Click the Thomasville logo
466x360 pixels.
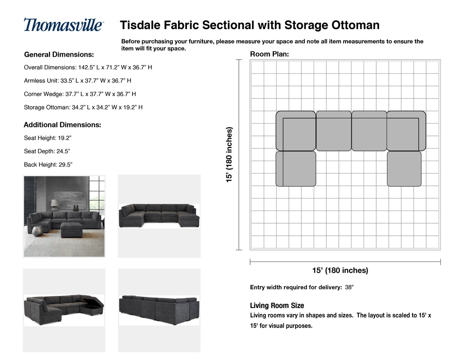point(64,25)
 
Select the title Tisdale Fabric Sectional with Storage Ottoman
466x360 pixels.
point(250,25)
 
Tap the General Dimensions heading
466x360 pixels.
point(59,54)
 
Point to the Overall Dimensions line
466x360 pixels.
point(88,67)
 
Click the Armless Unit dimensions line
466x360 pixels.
point(78,81)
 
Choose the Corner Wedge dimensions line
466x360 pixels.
point(80,94)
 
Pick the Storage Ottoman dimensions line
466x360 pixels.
point(83,107)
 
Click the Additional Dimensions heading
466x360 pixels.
point(62,125)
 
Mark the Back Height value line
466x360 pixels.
point(48,164)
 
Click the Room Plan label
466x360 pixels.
point(269,54)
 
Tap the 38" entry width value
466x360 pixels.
point(349,288)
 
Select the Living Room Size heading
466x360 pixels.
point(277,306)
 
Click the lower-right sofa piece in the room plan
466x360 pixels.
point(404,169)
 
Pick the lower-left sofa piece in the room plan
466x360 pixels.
point(296,169)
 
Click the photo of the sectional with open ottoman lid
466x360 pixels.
point(64,310)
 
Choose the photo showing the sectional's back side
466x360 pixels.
point(159,310)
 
